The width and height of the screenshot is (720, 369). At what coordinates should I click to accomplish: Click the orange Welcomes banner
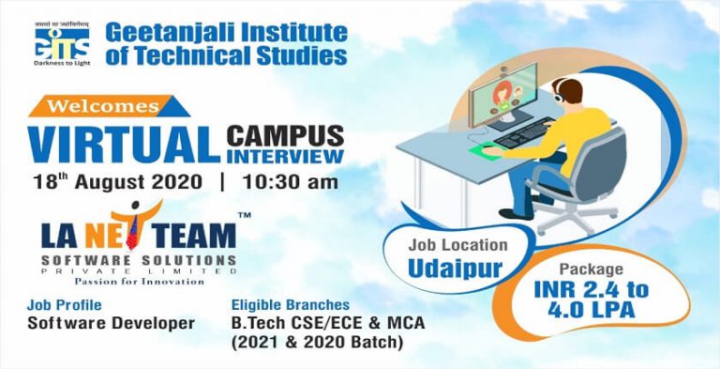coord(101,105)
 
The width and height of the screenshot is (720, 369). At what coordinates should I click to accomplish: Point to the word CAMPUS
coord(285,134)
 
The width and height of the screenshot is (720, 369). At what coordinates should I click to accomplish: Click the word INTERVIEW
coord(285,155)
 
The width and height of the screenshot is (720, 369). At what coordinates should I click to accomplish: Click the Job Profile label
coord(65,305)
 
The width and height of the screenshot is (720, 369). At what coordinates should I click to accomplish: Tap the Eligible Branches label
coord(290,305)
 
